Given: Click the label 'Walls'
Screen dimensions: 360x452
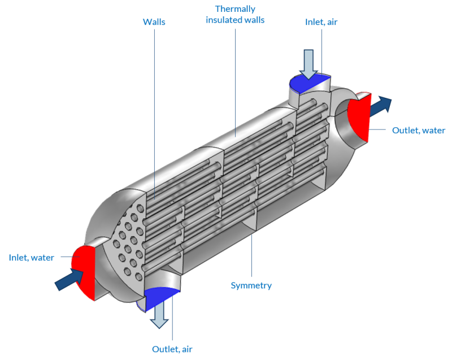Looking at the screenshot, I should pos(154,21).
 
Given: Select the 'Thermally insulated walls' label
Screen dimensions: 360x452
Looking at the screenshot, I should pos(235,15).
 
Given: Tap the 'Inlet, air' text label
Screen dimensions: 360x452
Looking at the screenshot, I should pos(321,22).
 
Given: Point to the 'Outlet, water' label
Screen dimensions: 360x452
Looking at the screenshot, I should pos(419,131).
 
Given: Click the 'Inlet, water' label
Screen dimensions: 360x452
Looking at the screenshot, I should pos(32,258).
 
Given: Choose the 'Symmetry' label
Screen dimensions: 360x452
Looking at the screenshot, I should pos(251,285).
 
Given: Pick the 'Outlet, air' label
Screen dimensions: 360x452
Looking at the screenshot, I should pos(172,349).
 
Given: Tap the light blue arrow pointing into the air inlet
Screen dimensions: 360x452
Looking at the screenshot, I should pos(309,63).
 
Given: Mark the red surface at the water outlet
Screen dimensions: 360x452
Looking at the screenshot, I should pos(358,116).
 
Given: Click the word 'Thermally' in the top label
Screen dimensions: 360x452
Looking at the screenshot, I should pos(235,9).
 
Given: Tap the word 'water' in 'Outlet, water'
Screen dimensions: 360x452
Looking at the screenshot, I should pos(433,131).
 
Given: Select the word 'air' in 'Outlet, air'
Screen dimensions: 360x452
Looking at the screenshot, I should pos(186,349).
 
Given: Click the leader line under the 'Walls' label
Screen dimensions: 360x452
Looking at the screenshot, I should pos(154,113).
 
